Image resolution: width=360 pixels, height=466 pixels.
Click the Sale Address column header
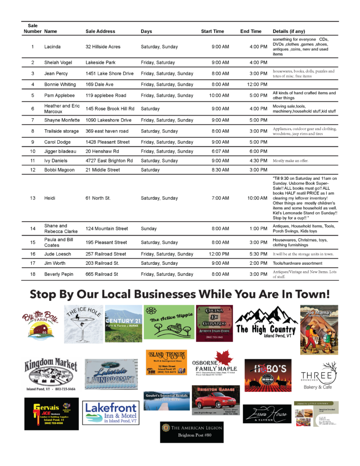(100, 31)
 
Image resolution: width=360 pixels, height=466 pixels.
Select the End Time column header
(251, 31)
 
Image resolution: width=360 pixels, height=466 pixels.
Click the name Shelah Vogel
(58, 62)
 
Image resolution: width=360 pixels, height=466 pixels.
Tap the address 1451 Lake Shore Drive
(110, 73)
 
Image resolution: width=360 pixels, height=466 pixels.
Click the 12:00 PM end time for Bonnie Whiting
(257, 84)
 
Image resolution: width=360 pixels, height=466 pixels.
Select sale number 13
(33, 198)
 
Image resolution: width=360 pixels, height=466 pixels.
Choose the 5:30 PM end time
(258, 254)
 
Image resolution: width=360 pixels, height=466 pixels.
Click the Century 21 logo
(123, 324)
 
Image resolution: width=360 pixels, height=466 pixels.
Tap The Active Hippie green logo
(169, 322)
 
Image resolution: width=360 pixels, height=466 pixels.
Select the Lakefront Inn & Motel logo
(111, 412)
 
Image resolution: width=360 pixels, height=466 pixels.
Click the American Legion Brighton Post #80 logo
(192, 431)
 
